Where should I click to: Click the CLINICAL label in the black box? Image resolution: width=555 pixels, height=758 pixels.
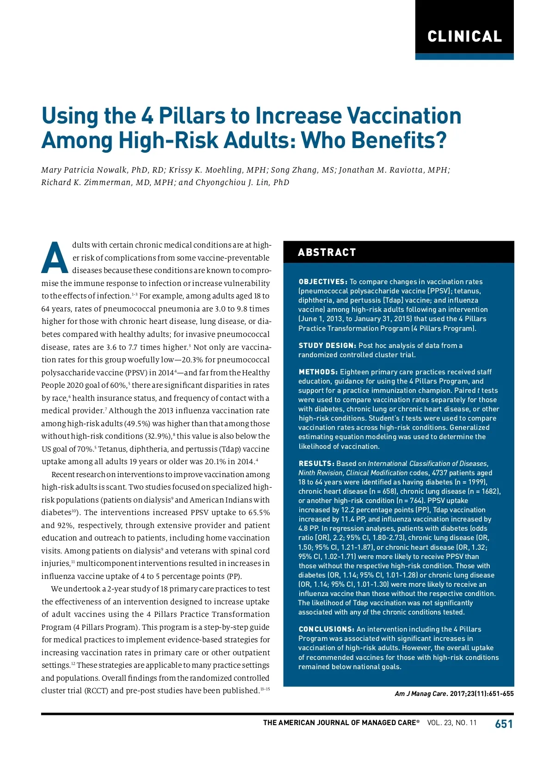point(464,37)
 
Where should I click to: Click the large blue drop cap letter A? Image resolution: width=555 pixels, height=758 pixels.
point(55,258)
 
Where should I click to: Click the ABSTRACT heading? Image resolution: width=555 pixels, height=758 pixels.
point(327,253)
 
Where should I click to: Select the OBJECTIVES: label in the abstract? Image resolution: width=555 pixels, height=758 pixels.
point(323,282)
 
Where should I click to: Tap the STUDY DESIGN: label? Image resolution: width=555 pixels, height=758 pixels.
point(327,346)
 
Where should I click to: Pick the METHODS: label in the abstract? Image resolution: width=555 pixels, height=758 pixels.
point(318,372)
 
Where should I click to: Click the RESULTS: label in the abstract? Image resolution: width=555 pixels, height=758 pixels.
point(316,464)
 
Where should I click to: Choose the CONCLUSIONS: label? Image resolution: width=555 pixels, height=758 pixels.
point(327,629)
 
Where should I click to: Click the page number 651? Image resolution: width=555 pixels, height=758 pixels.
point(504,724)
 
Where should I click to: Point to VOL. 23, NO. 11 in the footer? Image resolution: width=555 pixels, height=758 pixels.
point(451,723)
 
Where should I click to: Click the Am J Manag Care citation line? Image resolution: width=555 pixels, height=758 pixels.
point(454,694)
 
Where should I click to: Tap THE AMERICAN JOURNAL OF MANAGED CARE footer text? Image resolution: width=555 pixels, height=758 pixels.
point(341,723)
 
